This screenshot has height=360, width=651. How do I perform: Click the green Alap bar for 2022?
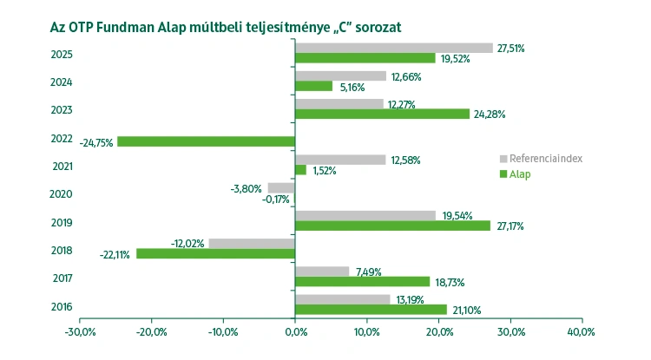point(206,141)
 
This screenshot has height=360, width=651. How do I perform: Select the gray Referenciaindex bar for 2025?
point(393,48)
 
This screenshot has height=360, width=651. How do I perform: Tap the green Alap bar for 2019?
point(392,226)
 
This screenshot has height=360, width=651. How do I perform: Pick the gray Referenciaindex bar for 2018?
point(252,243)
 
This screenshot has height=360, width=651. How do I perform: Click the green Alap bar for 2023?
point(382,114)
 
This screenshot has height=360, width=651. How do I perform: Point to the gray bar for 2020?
point(281,187)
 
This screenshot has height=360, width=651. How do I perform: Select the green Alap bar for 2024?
point(313,86)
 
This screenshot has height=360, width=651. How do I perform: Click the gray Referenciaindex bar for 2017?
point(322,271)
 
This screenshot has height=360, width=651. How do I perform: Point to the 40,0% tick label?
point(581,331)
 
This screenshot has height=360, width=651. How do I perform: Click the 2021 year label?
point(62,166)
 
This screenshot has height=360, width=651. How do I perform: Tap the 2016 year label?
point(62,306)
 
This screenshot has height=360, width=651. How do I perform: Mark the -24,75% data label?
point(95,142)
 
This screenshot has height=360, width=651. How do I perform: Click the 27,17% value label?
point(510,226)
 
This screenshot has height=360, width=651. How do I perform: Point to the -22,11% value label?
point(115,254)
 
